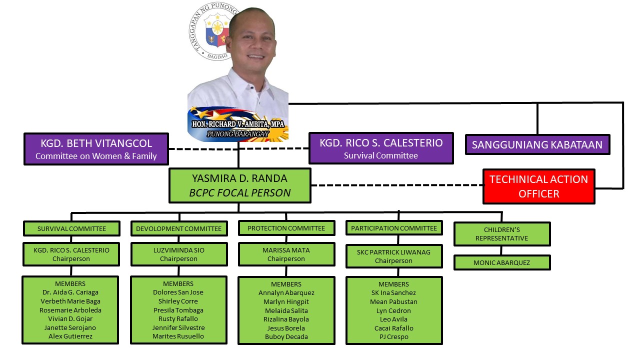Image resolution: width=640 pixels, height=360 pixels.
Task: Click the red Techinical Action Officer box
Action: [x=538, y=186]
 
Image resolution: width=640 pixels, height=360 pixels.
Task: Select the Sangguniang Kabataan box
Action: [x=537, y=145]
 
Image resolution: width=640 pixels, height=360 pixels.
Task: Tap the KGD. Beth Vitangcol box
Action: [x=96, y=148]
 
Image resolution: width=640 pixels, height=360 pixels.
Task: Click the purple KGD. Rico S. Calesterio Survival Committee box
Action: [x=381, y=148]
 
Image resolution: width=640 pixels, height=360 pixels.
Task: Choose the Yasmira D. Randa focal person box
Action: [x=240, y=185]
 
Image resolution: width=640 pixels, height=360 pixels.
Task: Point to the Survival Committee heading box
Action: [x=71, y=228]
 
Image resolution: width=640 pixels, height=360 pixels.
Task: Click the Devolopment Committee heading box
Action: [x=178, y=228]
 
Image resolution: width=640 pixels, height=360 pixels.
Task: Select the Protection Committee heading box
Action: [x=286, y=228]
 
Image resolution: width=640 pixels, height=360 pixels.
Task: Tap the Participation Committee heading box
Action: [x=394, y=228]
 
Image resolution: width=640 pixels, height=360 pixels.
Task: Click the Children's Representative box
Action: [x=502, y=234]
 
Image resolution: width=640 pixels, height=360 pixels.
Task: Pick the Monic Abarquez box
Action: [x=502, y=262]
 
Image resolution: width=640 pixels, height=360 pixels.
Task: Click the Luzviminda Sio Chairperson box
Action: [x=178, y=254]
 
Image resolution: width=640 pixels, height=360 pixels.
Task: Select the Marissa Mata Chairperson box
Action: [x=286, y=254]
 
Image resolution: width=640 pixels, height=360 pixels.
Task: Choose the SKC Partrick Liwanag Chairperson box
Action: [x=394, y=256]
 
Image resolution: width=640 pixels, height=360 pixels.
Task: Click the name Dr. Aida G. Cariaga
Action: [x=70, y=292]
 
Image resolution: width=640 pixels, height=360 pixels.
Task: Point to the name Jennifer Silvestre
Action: [x=178, y=327]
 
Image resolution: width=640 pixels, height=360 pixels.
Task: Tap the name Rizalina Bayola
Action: [x=286, y=319]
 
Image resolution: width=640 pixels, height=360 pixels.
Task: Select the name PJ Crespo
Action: [x=394, y=337]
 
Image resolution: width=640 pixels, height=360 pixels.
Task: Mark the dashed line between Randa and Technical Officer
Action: [x=396, y=185]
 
